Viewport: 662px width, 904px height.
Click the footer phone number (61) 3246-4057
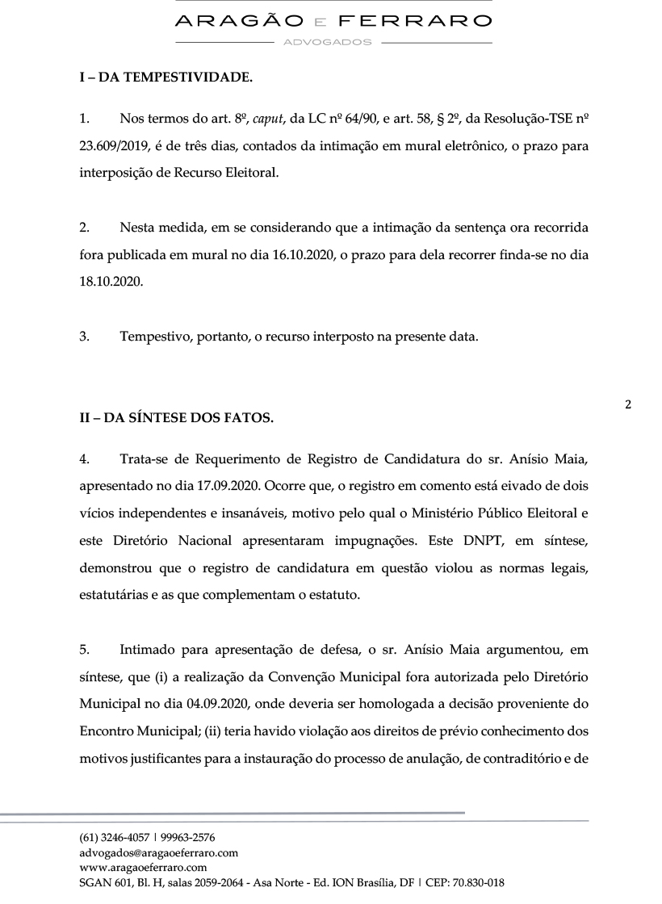[108, 837]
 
